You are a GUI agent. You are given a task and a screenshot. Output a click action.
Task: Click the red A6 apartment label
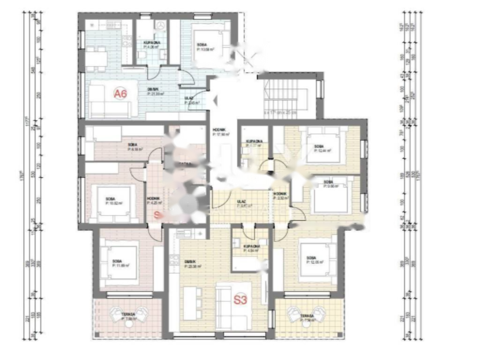[121, 94]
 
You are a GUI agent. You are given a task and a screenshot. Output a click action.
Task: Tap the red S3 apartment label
[240, 300]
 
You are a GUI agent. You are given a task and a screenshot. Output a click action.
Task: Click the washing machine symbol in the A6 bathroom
[160, 26]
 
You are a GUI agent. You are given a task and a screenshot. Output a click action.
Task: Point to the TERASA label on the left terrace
[127, 315]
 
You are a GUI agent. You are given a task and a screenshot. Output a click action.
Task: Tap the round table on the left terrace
[128, 323]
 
